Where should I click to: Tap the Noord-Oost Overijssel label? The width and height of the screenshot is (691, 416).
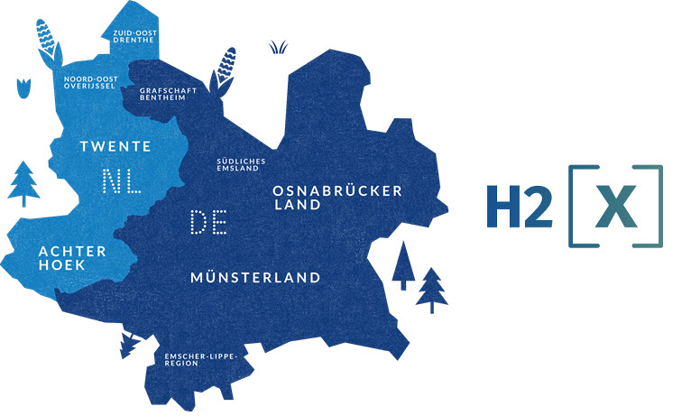[x=92, y=83]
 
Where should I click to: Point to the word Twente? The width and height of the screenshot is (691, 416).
[x=115, y=145]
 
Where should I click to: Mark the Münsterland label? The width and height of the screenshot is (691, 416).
[x=255, y=277]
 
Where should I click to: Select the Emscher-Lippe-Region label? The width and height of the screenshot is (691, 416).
[x=200, y=359]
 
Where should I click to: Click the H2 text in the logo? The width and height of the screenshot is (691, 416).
[x=518, y=206]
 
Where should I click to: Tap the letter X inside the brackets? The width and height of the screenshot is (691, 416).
[x=616, y=206]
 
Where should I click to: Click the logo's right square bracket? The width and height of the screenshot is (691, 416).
[x=655, y=206]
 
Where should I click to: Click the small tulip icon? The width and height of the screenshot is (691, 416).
[x=23, y=88]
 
